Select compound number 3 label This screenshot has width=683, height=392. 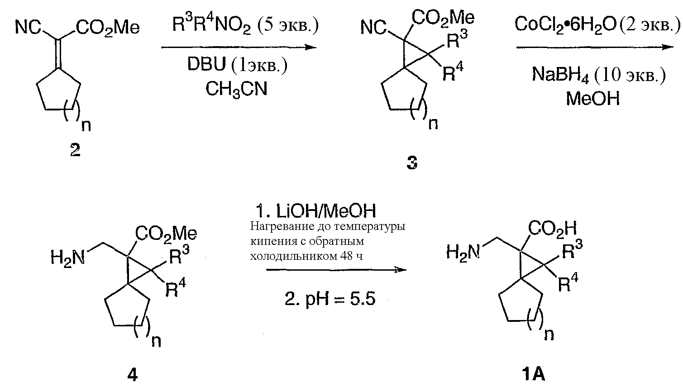coord(411,163)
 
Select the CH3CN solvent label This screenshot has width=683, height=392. coord(236,89)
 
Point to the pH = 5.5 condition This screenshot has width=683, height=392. coord(330,299)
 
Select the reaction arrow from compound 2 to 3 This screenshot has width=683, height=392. coord(239,47)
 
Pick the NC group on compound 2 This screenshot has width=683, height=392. coord(28,28)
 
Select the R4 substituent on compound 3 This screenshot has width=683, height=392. coord(453,72)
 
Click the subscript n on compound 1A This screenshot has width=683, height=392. coord(548,334)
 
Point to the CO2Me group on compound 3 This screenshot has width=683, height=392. coord(443,18)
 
